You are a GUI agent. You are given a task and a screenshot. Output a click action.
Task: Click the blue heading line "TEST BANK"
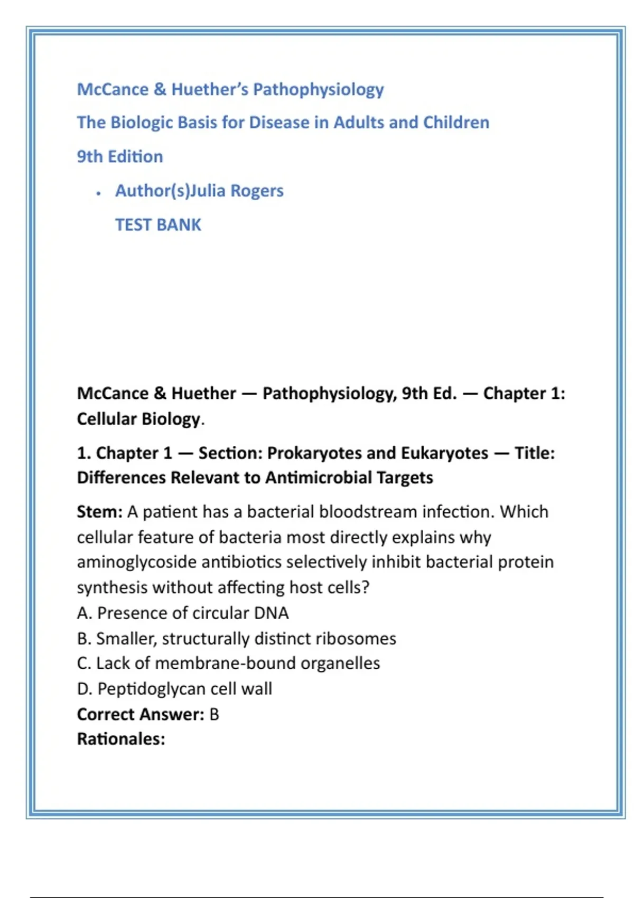coord(158,225)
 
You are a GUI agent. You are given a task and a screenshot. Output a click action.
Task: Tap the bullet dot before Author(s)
coord(98,194)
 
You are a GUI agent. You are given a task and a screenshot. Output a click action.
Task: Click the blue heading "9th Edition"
coord(120,157)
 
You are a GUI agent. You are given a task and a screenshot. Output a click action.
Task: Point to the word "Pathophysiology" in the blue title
coord(318,90)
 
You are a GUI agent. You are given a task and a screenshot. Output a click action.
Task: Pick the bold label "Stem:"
coord(99,512)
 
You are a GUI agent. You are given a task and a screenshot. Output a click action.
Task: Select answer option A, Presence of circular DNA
coord(183,613)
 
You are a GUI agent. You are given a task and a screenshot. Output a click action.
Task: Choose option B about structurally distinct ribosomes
coord(236,639)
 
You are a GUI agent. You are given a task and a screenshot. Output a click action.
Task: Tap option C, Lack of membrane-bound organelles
coord(228,663)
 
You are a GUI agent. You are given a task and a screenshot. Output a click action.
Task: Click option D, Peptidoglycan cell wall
coord(174,689)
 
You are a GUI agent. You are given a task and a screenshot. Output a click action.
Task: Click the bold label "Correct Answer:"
coord(141,715)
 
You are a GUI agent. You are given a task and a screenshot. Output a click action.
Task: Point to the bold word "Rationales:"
coord(121,739)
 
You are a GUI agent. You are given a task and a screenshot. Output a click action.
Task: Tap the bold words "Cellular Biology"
coord(138,419)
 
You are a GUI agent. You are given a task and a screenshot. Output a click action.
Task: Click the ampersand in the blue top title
coord(160,90)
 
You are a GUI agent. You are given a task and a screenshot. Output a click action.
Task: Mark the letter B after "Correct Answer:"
coord(214,715)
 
